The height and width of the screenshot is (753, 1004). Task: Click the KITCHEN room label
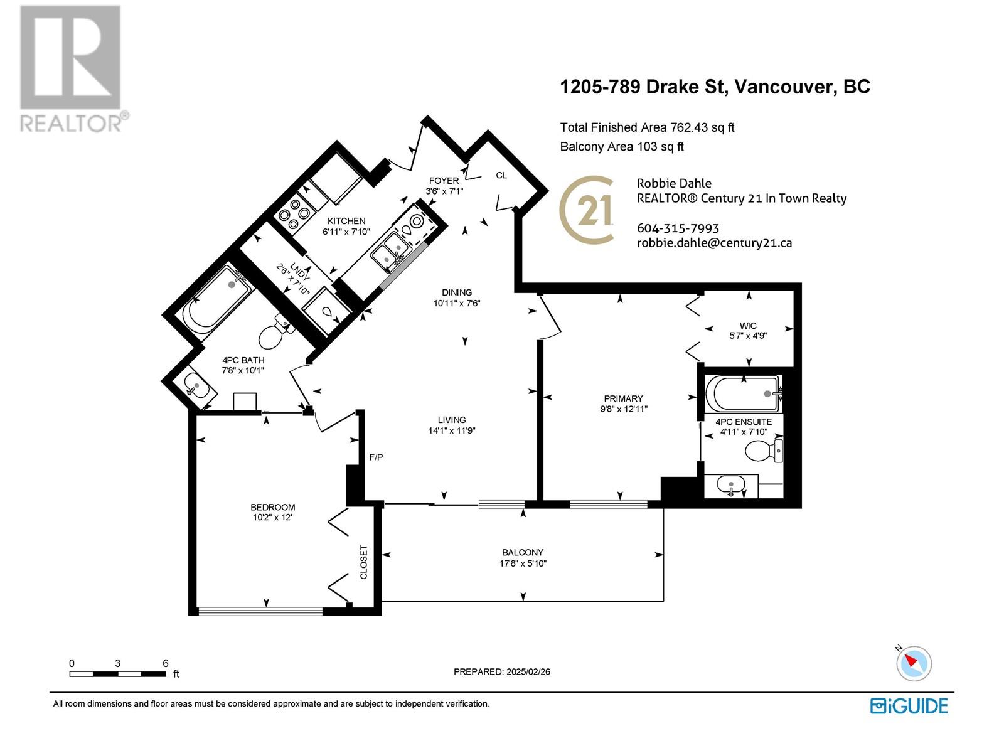346,221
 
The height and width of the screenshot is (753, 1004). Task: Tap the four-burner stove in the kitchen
294,214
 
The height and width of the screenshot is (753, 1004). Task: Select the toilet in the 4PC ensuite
764,451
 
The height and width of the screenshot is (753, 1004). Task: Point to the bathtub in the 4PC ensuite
744,393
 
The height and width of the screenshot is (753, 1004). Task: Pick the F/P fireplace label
376,457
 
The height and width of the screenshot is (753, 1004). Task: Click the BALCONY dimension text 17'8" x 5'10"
523,563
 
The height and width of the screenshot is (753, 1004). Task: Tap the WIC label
748,326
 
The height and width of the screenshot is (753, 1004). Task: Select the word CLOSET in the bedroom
363,562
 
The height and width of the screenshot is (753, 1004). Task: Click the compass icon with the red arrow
914,663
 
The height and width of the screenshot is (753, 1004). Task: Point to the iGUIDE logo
909,707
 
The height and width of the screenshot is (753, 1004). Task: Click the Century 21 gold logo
586,210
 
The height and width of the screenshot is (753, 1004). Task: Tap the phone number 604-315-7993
678,228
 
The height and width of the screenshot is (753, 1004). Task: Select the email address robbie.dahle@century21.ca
715,243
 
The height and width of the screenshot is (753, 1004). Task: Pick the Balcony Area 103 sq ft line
622,147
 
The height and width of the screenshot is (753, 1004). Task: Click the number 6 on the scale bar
166,663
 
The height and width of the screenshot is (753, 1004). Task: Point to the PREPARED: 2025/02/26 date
502,671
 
